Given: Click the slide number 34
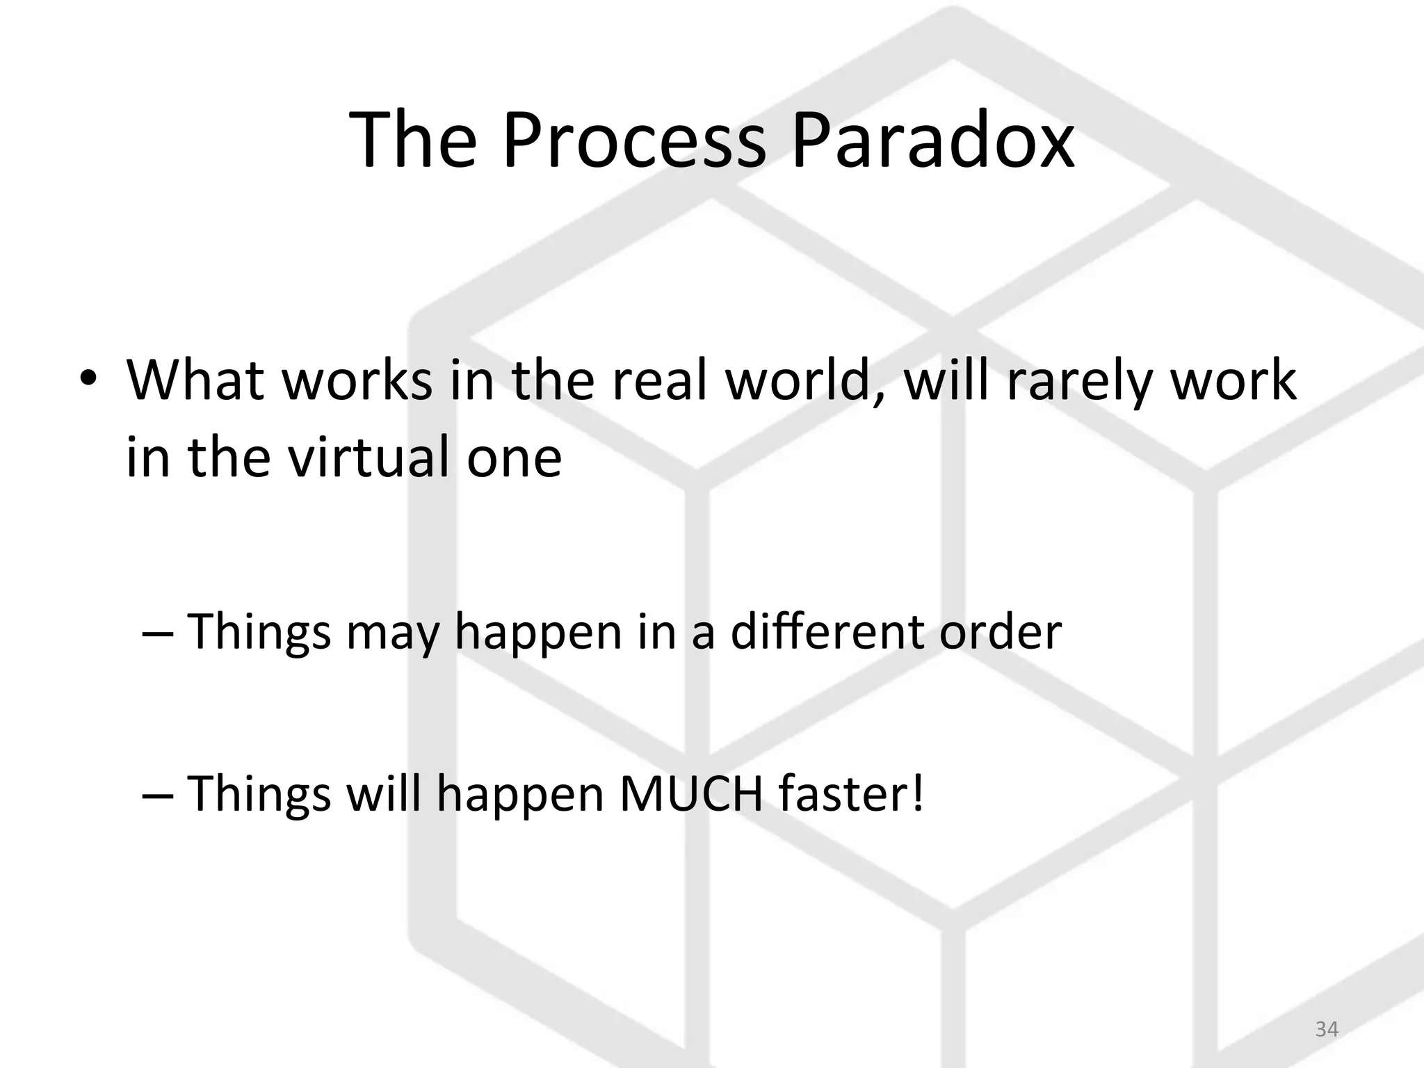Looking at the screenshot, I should coord(1327,1028).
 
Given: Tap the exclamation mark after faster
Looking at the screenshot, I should coord(919,793).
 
